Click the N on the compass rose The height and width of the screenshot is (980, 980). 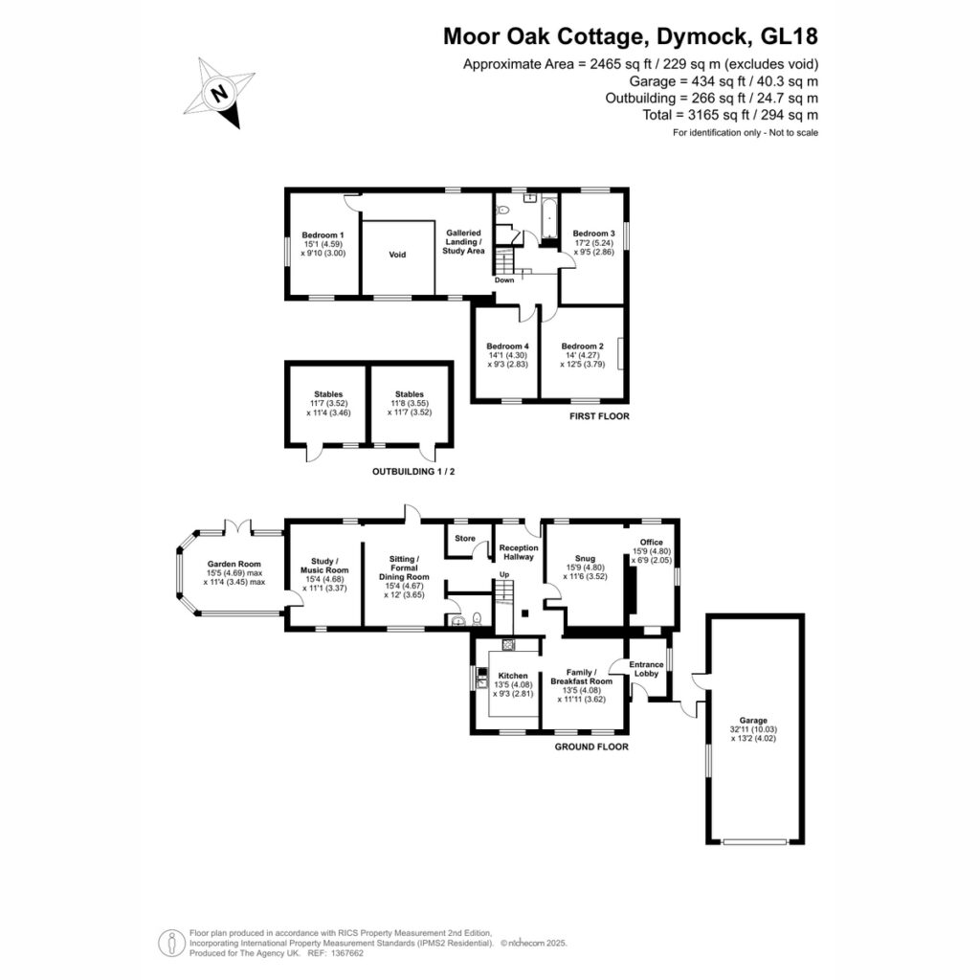click(219, 94)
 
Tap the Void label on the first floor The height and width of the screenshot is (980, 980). click(397, 255)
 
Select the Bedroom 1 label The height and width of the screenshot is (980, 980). click(323, 235)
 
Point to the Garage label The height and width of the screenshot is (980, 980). click(753, 720)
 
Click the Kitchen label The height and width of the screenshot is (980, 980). click(513, 676)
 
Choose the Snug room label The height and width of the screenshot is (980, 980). click(585, 558)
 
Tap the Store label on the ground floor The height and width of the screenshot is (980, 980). click(465, 538)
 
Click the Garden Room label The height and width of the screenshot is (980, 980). click(234, 564)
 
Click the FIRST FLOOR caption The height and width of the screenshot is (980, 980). click(599, 416)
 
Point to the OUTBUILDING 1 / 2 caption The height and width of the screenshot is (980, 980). click(413, 471)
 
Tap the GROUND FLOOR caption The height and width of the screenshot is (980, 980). click(591, 746)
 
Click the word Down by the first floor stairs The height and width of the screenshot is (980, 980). click(504, 280)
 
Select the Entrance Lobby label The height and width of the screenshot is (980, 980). click(646, 669)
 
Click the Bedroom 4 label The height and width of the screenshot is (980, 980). click(508, 346)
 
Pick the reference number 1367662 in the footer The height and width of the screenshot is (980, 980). click(346, 953)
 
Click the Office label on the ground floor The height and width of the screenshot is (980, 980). click(651, 542)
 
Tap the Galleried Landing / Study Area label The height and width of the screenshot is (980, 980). click(463, 242)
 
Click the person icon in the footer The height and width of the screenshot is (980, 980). click(171, 943)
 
